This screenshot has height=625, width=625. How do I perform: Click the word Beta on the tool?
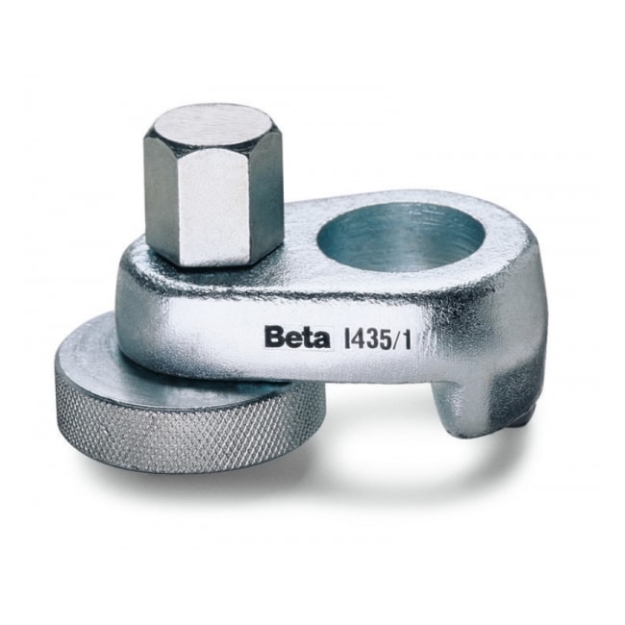pyautogui.click(x=295, y=337)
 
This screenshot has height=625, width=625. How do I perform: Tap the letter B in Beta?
pyautogui.click(x=275, y=337)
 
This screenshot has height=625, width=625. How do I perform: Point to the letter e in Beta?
pyautogui.click(x=292, y=339)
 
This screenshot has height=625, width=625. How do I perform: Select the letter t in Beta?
pyautogui.click(x=305, y=338)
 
